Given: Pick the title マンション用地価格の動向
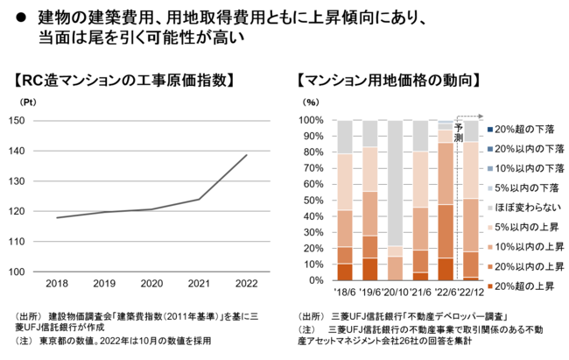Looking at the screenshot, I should coord(388,81).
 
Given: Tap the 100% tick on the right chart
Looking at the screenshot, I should coord(314,120).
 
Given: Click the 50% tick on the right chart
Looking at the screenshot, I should coord(317,200).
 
